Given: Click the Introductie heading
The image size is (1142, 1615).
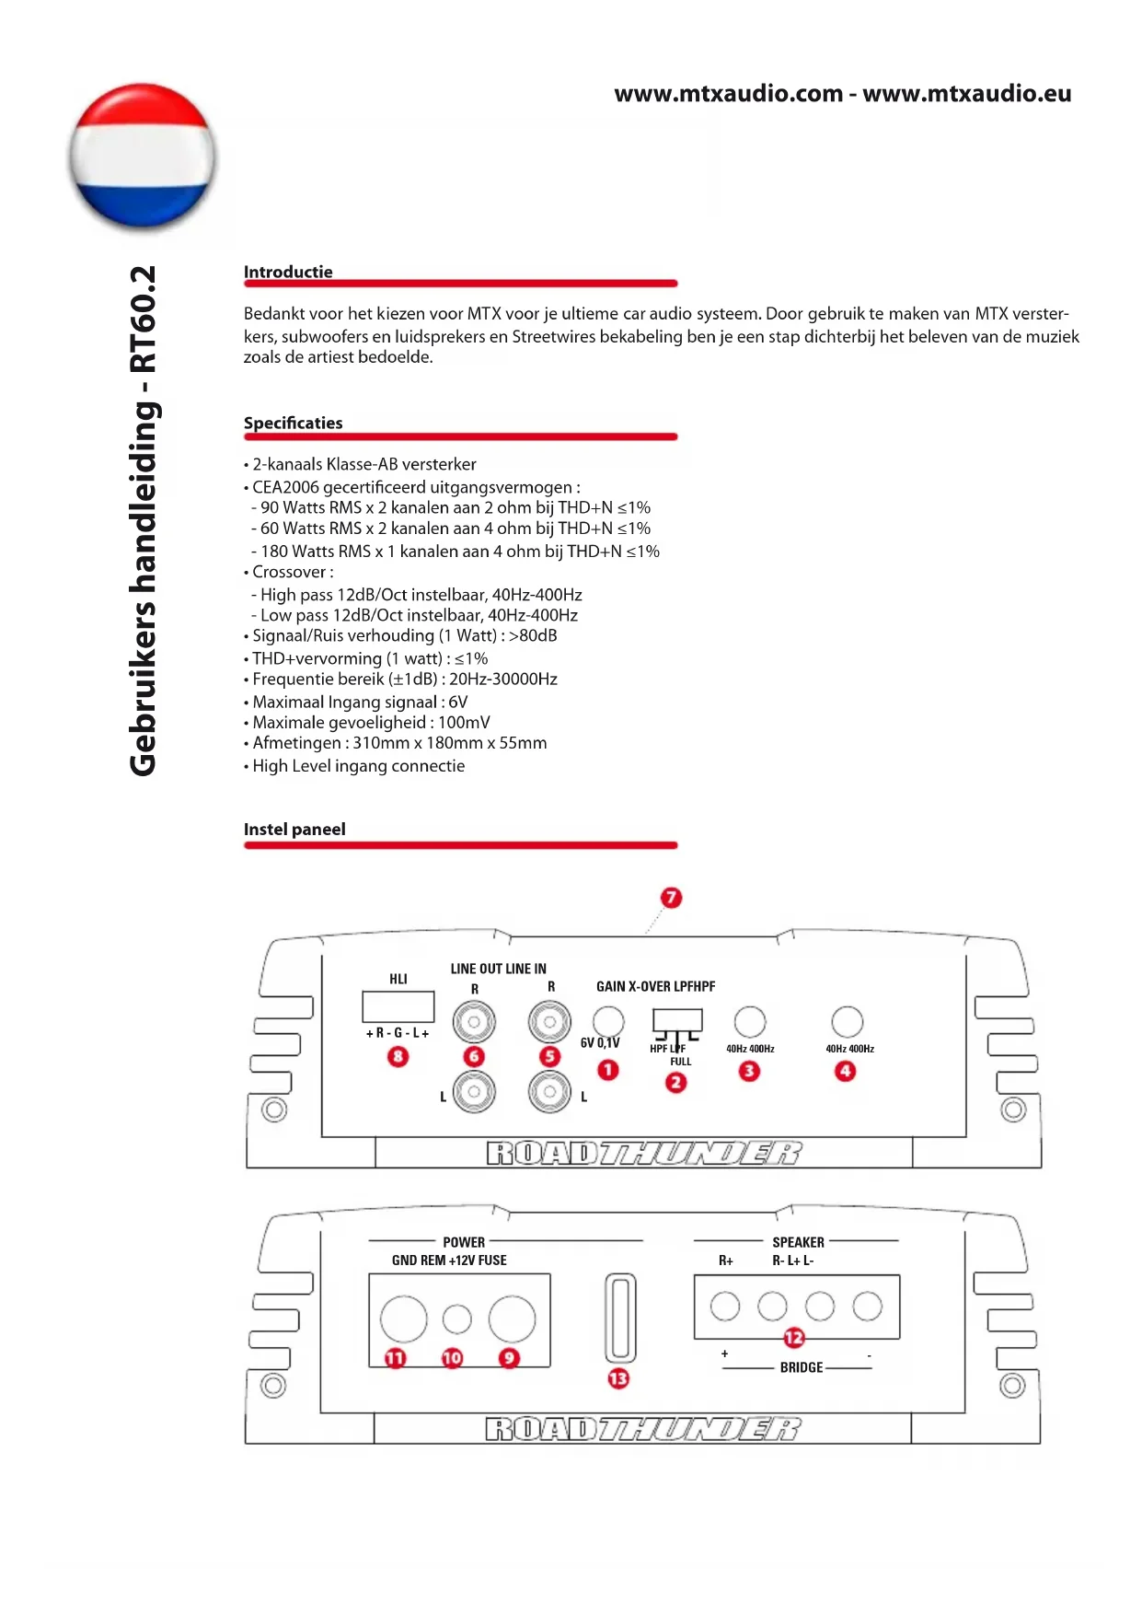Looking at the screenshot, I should [x=288, y=272].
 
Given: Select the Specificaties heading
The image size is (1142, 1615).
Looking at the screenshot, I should [x=293, y=423].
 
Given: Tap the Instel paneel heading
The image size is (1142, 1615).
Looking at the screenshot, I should [x=294, y=829].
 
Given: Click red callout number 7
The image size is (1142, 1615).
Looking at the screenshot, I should [x=671, y=897].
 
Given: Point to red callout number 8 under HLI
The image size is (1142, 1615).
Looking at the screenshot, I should [x=398, y=1056].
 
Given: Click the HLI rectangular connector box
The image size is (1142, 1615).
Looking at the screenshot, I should [x=398, y=1005].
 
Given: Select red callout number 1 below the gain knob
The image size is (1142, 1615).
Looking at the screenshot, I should [x=607, y=1070].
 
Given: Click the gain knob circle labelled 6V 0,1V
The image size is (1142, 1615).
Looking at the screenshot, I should [x=607, y=1021].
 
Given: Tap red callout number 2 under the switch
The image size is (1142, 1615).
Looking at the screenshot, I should [x=675, y=1082].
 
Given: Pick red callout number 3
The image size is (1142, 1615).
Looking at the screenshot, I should [x=749, y=1071].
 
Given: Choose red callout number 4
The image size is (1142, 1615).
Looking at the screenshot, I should [x=845, y=1071].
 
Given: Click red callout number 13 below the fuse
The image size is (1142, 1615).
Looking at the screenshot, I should [x=618, y=1378].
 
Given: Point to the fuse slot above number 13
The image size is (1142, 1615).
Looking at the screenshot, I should [x=620, y=1318].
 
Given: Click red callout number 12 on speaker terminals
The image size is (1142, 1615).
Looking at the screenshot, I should [x=793, y=1337].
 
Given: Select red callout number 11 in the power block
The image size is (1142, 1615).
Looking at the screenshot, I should [x=395, y=1358].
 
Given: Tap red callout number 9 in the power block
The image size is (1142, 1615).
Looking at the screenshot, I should [x=509, y=1358].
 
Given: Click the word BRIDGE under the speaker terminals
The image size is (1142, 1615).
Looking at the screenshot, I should [x=801, y=1367].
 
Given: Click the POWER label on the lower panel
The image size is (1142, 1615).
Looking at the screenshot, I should [x=464, y=1242].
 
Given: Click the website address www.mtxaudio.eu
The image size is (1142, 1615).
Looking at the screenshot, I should [x=966, y=94].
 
